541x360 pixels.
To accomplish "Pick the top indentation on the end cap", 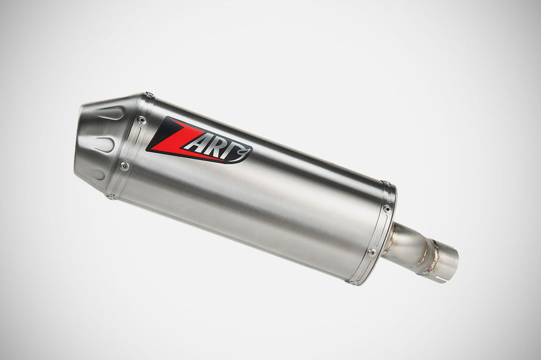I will point(110,113).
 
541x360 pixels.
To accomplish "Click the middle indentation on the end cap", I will point(104,144).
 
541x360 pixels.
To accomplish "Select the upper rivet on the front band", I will point(142,120).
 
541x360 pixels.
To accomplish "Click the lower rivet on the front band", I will point(124,166).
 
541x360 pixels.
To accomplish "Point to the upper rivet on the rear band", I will point(387,208).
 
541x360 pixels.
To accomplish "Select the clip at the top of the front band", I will point(148,95).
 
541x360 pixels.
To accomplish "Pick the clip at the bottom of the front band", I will point(110,197).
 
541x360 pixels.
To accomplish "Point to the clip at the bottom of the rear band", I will point(352,281).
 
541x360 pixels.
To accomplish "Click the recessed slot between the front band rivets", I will point(132,144).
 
